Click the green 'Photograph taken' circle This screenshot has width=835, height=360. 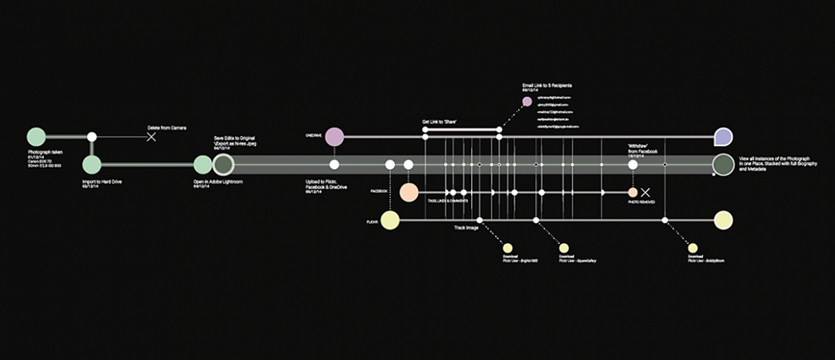coord(36,137)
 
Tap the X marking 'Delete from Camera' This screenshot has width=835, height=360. coord(151,137)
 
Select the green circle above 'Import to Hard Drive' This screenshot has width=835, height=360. coord(92,165)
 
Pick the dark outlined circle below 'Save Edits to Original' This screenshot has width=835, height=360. coord(223,165)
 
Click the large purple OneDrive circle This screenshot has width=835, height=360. coord(334,137)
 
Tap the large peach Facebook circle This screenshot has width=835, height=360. coord(409,193)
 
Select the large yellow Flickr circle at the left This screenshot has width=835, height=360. coord(390,220)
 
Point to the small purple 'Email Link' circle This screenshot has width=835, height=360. coord(527,102)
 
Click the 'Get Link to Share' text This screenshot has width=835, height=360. coord(440,122)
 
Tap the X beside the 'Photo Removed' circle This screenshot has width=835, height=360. coord(646,193)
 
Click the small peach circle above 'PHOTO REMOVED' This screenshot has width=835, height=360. coord(633,193)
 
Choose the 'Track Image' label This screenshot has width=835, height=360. coord(466,228)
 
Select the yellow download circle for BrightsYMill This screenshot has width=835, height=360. coord(507,248)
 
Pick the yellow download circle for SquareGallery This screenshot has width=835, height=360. coord(564,248)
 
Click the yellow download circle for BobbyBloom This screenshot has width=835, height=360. coord(693,248)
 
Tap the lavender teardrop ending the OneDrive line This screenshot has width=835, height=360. coord(723,137)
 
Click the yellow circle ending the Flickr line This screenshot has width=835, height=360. coord(723,220)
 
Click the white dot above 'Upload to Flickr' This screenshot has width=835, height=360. coord(334,165)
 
